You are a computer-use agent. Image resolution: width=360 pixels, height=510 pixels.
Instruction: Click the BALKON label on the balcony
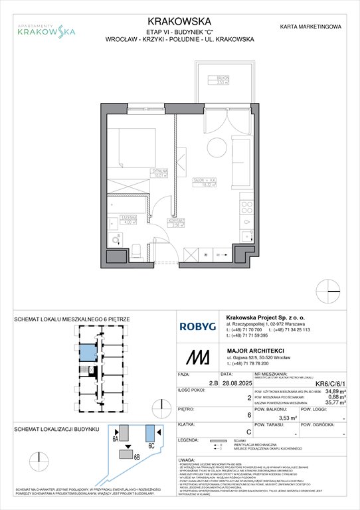click(x=217, y=78)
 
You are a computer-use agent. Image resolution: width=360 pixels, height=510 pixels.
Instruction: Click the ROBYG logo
click(x=197, y=326)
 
